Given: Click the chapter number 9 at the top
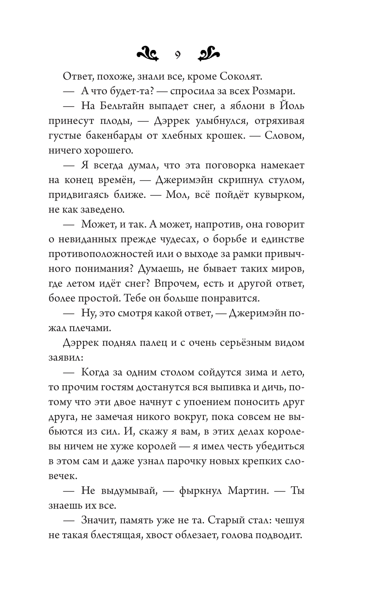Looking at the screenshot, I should click(178, 56).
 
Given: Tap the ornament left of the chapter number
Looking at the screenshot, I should click(148, 55).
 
